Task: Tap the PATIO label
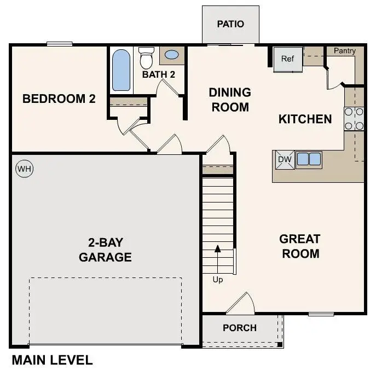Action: point(230,24)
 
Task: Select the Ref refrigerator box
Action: point(288,59)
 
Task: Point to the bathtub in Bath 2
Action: point(122,71)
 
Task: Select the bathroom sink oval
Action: point(171,55)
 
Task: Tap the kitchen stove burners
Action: point(354,119)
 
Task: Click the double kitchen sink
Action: point(309,159)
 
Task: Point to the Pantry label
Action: point(344,51)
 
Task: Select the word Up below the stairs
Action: point(218,280)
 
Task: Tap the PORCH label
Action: point(240,328)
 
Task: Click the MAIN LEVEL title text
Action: point(52,360)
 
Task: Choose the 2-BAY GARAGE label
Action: point(105,250)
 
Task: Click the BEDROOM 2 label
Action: point(59,99)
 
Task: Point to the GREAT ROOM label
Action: point(299,246)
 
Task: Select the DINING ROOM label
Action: point(230,100)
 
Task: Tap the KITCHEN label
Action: point(305,119)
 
